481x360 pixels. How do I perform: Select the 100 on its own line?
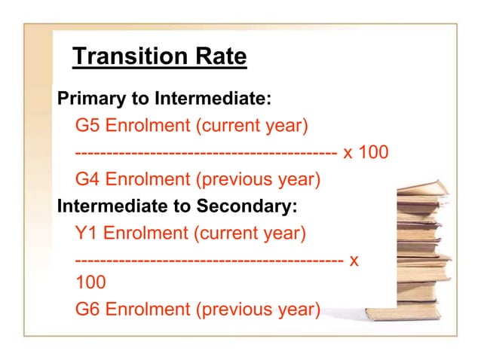pos(90,282)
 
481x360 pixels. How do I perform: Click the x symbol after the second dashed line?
pos(354,261)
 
